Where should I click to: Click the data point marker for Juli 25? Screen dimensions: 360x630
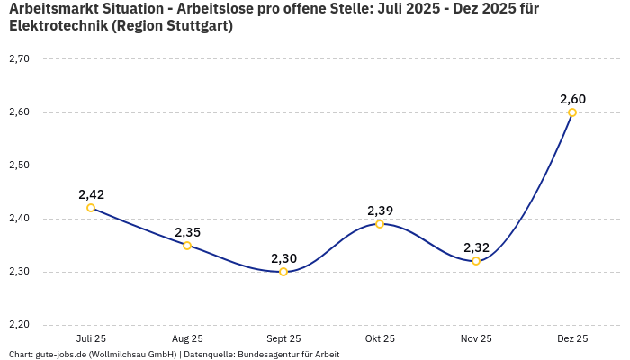[x=91, y=208]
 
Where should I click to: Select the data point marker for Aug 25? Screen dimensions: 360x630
[x=187, y=246]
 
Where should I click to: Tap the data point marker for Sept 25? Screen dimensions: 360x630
[x=283, y=272]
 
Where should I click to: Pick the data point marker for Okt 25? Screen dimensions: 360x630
[x=380, y=224]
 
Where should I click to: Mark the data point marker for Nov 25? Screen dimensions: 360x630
[x=476, y=261]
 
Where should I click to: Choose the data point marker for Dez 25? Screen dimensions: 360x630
[x=572, y=112]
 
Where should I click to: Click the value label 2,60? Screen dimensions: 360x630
[x=572, y=99]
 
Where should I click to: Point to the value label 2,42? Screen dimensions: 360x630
[x=91, y=194]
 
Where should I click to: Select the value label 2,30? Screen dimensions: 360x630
[x=283, y=258]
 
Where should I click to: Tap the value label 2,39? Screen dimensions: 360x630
[x=380, y=211]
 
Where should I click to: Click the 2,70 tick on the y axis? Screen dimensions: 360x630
[x=19, y=59]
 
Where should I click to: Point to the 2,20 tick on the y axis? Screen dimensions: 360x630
[x=19, y=325]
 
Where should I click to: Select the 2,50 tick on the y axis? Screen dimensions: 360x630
[x=19, y=166]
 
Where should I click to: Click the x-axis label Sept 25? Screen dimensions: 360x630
[x=283, y=339]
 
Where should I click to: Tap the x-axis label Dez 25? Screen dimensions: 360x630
[x=572, y=339]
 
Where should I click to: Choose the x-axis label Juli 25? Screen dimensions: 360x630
[x=91, y=339]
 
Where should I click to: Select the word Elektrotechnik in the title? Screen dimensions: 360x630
[x=58, y=26]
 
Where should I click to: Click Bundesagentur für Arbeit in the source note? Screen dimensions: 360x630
[x=291, y=355]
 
